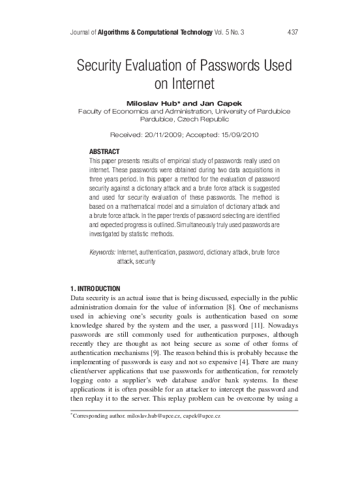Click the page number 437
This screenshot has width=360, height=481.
click(293, 32)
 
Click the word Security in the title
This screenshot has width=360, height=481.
click(105, 67)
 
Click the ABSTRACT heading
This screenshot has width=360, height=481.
click(104, 151)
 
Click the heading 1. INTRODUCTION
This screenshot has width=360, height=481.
click(95, 288)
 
